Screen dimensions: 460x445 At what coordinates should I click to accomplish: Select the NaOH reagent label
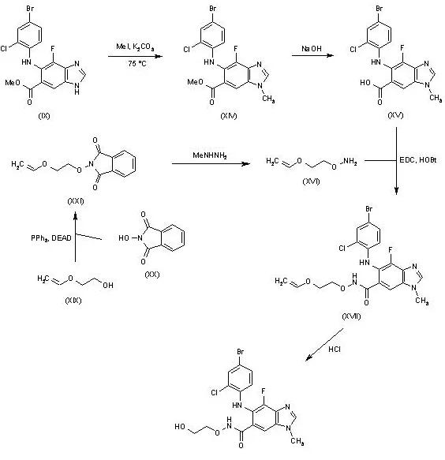coord(310,49)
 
